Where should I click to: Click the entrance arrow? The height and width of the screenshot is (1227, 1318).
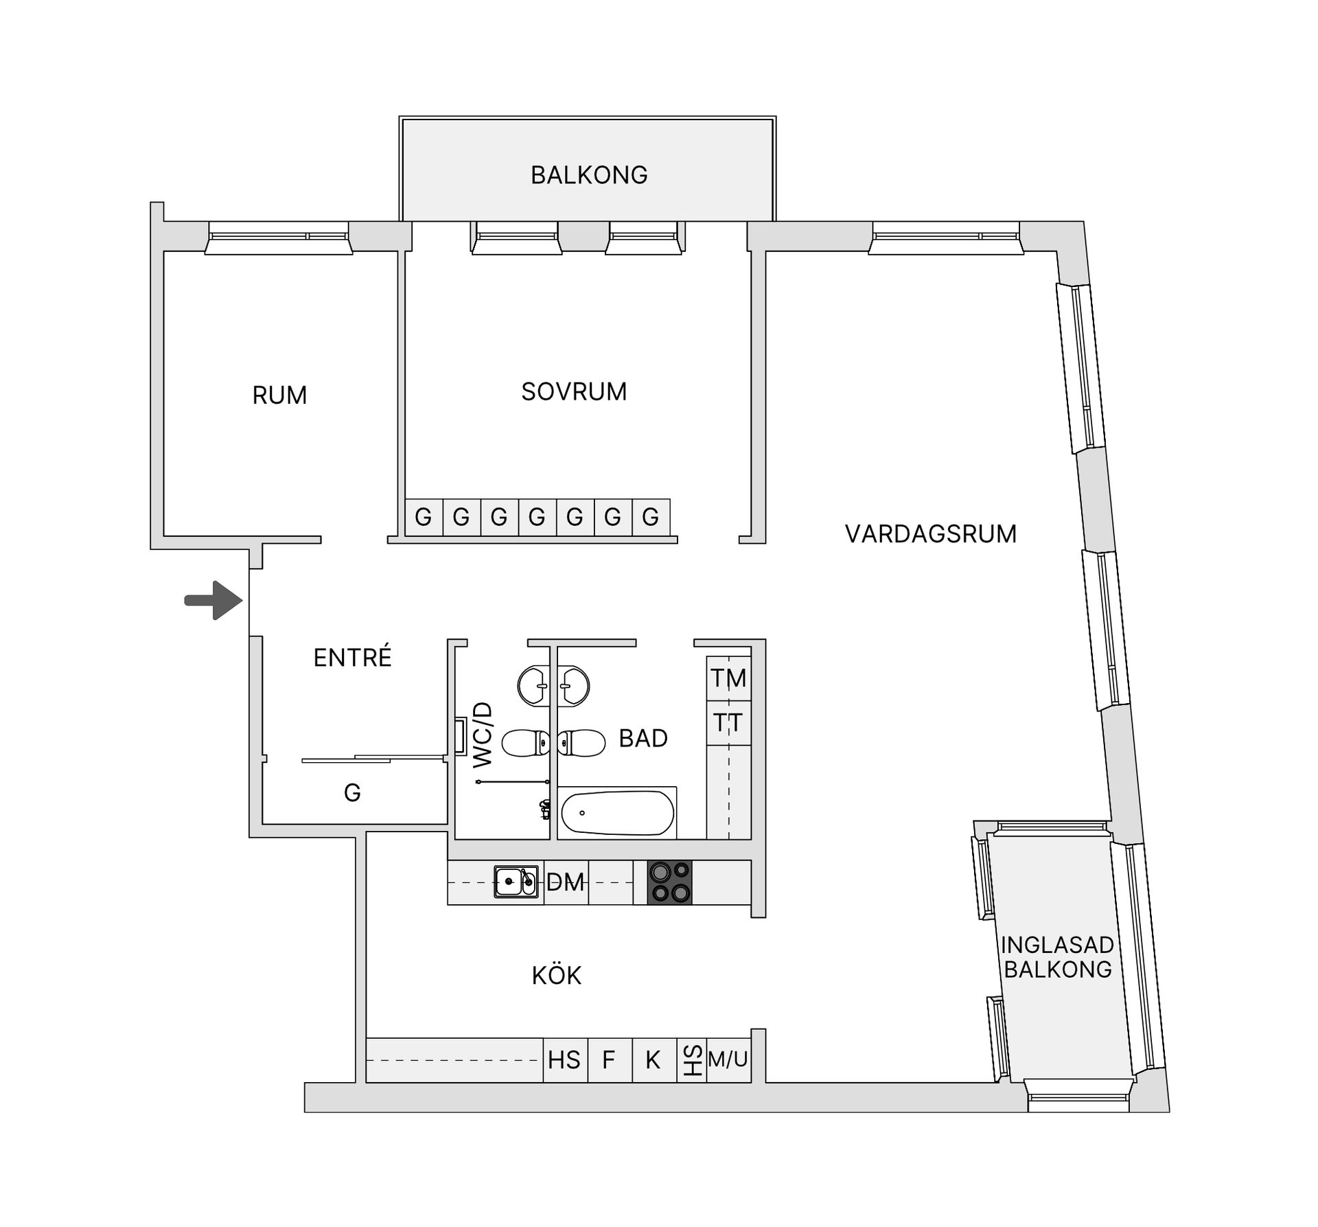(214, 601)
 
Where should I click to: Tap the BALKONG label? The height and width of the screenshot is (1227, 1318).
(589, 175)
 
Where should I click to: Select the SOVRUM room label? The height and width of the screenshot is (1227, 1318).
(574, 391)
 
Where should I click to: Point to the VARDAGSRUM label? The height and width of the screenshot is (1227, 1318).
(931, 534)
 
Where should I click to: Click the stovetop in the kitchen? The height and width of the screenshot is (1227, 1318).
(670, 882)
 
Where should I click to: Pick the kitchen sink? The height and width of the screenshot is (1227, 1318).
(516, 882)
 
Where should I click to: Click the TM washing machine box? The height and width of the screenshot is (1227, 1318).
(728, 678)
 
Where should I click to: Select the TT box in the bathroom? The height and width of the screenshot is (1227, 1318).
(728, 723)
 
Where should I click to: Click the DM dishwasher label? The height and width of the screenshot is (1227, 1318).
(565, 882)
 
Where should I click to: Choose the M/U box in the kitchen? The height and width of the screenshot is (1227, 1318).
(728, 1059)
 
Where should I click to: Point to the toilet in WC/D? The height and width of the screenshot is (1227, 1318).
(527, 742)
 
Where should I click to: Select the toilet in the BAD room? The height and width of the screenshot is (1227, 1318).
(581, 742)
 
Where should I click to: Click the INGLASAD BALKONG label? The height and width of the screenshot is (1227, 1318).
(1057, 957)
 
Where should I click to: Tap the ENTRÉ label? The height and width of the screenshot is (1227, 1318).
(352, 657)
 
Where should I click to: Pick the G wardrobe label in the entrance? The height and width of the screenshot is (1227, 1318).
(352, 793)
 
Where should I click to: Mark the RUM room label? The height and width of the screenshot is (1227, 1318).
(279, 395)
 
